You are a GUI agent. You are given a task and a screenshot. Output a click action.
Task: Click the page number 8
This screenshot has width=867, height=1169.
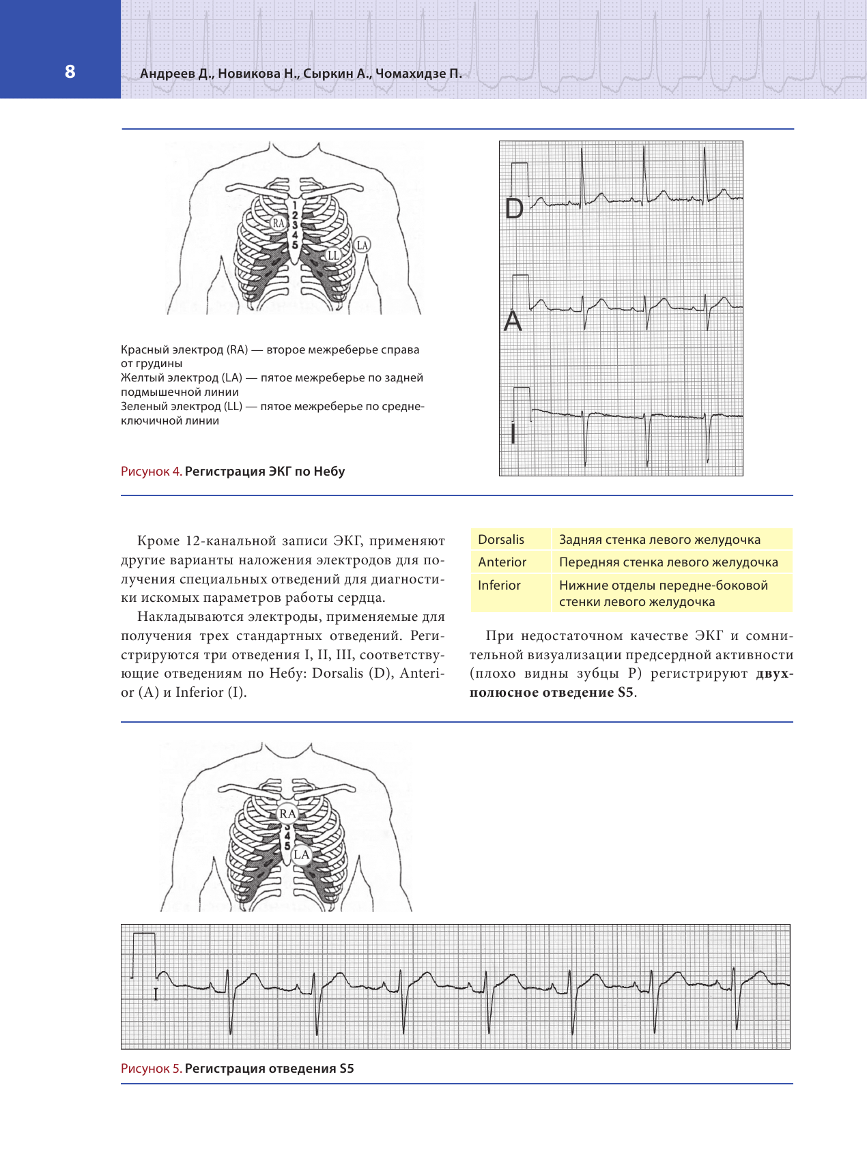(x=70, y=72)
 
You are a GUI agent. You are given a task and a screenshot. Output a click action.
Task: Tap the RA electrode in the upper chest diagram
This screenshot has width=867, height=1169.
(x=279, y=223)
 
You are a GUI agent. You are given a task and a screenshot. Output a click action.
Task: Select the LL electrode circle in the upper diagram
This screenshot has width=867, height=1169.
(x=332, y=255)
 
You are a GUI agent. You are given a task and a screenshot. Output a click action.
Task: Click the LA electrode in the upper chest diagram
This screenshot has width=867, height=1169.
(x=362, y=245)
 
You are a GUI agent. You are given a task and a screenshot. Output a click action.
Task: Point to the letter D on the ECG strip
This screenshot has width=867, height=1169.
(x=514, y=209)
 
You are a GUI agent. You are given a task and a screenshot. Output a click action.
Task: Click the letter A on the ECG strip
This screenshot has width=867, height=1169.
(x=513, y=321)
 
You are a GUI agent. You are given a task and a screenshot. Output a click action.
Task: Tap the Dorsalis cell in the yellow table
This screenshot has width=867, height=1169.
(x=501, y=539)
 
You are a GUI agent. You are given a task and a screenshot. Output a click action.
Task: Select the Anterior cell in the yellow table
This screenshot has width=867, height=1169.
(x=502, y=562)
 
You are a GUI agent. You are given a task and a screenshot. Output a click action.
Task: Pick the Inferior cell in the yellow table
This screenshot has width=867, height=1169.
(x=499, y=585)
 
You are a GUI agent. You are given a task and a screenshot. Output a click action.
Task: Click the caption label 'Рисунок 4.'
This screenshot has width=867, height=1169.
(x=151, y=471)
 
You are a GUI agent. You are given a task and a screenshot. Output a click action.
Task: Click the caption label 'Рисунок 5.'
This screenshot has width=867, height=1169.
(x=151, y=1068)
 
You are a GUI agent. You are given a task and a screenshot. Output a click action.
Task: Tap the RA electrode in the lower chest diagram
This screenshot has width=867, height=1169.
(x=287, y=813)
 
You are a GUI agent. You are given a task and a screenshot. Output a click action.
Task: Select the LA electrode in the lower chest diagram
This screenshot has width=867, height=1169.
(x=301, y=854)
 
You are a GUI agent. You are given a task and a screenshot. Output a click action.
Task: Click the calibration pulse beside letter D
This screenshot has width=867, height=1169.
(x=520, y=179)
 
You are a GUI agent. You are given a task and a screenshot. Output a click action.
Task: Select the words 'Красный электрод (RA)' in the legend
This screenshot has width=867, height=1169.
(x=184, y=349)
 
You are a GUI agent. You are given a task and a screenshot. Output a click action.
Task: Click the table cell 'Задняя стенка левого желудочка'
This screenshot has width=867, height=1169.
(x=659, y=539)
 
